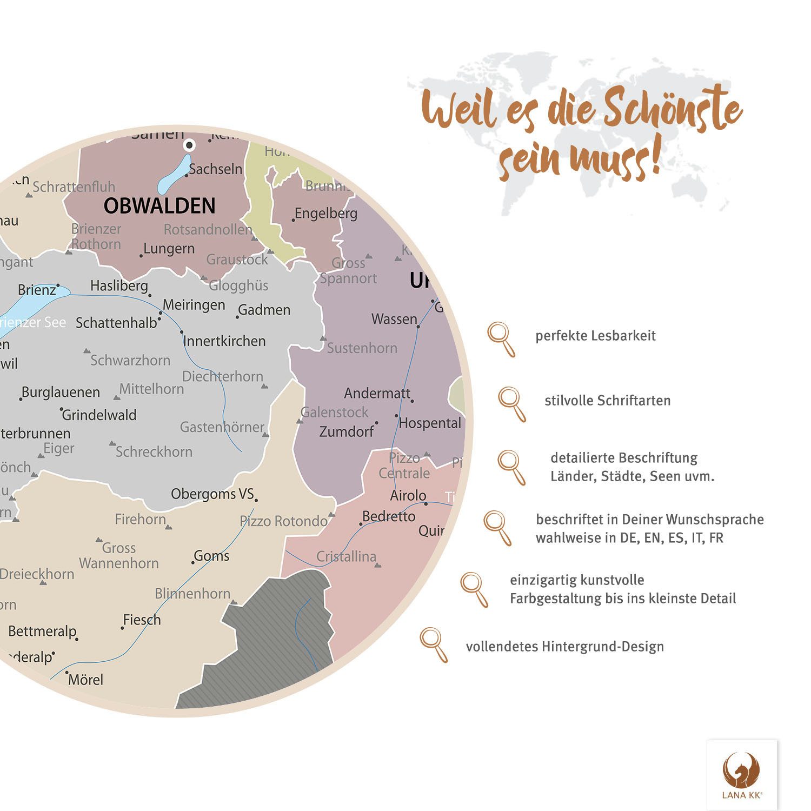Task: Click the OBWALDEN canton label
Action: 159,206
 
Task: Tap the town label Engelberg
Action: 326,214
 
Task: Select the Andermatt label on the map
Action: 377,393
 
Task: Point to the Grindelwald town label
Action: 99,415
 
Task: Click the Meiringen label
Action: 194,305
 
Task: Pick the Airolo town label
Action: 408,495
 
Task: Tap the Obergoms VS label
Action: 212,494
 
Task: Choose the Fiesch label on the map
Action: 142,620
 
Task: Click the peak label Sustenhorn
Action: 362,348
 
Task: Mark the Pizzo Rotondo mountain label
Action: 283,521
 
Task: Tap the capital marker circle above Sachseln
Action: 189,145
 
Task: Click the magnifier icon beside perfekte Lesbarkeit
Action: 501,338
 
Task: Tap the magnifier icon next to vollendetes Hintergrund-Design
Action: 433,643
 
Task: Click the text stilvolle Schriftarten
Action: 607,401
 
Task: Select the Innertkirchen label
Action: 224,341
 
